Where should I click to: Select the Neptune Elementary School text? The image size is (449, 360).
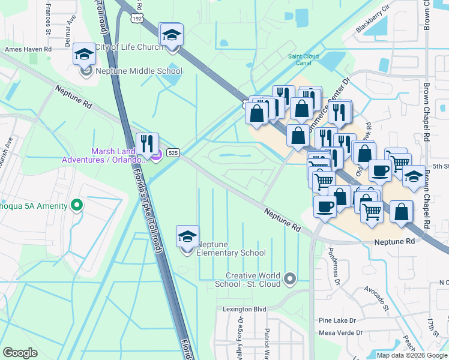click(x=232, y=248)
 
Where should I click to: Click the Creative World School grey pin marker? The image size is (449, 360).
click(x=291, y=278)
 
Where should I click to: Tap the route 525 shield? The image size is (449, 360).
click(x=173, y=153)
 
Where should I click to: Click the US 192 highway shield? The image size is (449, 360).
click(x=137, y=20)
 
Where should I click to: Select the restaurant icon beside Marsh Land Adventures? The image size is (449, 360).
click(x=147, y=144)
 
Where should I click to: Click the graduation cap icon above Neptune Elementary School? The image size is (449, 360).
click(x=187, y=237)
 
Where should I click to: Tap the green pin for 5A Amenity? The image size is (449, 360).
click(x=76, y=206)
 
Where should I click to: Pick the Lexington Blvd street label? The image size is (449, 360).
click(x=244, y=309)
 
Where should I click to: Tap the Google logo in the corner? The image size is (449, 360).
click(x=20, y=353)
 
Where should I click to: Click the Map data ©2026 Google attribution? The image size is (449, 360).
click(x=412, y=355)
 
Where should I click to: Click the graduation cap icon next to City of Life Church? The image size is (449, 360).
click(x=171, y=35)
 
